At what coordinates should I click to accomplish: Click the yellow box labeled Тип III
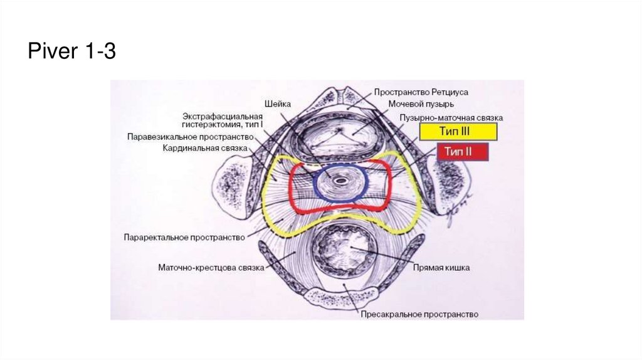[x=458, y=132]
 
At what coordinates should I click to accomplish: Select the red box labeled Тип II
[x=461, y=152]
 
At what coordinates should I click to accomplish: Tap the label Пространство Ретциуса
[x=420, y=92]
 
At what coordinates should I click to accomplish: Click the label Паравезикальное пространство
[x=190, y=136]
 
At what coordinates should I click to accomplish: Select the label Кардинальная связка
[x=205, y=148]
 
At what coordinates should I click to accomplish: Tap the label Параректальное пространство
[x=187, y=237]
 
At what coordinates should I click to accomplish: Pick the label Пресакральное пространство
[x=419, y=314]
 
